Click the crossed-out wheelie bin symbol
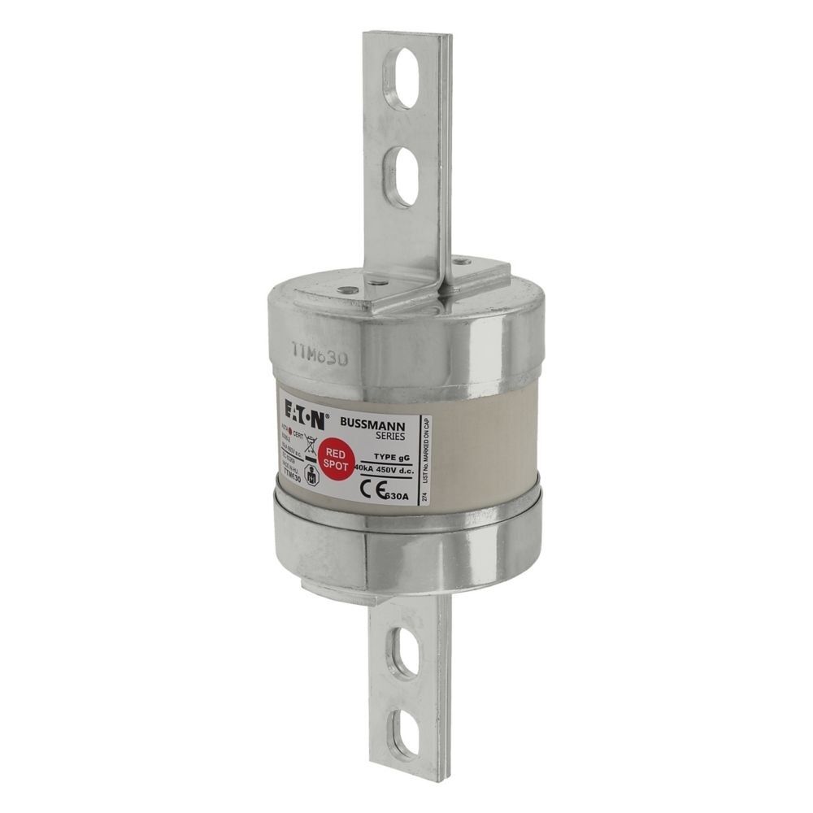[309, 444]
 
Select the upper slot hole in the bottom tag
[402, 652]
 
